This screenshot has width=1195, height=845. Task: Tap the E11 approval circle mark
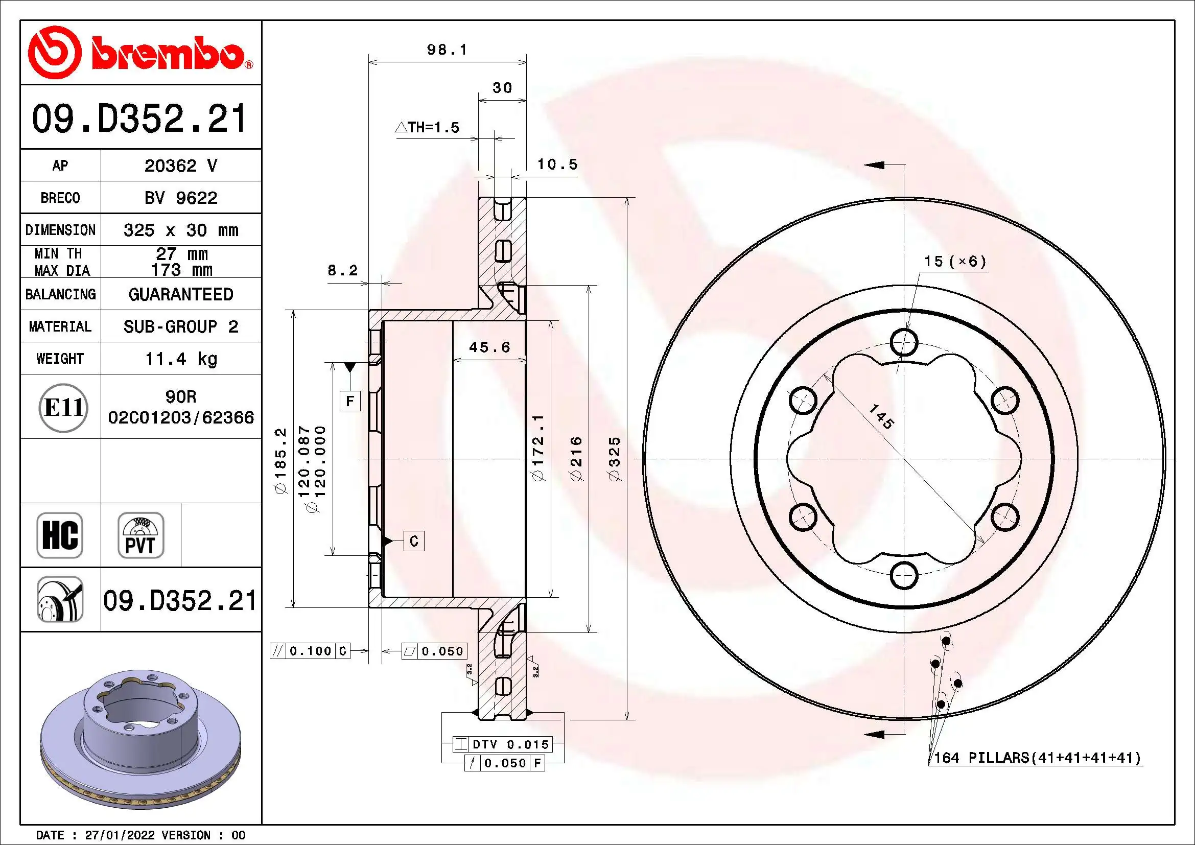tap(63, 407)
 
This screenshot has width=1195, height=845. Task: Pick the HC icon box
tap(60, 535)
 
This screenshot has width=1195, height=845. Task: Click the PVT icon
tap(140, 535)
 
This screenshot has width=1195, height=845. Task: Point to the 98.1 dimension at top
tap(447, 50)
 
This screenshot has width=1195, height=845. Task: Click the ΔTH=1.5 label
tap(428, 128)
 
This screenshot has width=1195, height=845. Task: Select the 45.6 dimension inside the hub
tap(489, 347)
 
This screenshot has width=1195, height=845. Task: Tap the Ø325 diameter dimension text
tap(615, 459)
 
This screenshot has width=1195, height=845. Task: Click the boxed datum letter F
tap(350, 401)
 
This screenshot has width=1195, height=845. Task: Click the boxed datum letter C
tap(414, 541)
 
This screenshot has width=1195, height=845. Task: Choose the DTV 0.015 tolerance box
tap(502, 744)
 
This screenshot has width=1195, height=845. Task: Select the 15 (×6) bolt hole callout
tap(954, 262)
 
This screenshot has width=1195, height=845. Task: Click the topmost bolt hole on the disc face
tap(904, 342)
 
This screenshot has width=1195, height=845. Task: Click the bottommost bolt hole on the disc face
tap(904, 575)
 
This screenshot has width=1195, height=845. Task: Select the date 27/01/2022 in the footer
tap(119, 835)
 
